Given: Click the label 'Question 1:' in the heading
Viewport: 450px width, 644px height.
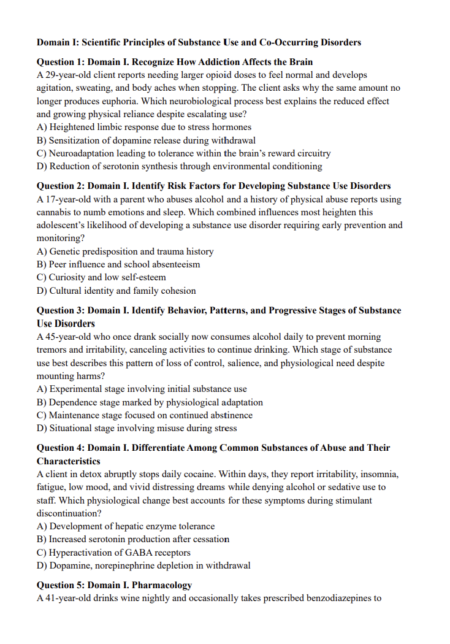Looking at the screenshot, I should click(x=61, y=62).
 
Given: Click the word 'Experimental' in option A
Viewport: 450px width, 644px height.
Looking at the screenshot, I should click(x=76, y=389).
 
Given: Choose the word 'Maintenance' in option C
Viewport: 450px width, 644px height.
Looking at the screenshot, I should click(x=75, y=415).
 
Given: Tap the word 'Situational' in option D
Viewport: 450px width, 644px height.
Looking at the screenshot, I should click(x=72, y=428).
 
